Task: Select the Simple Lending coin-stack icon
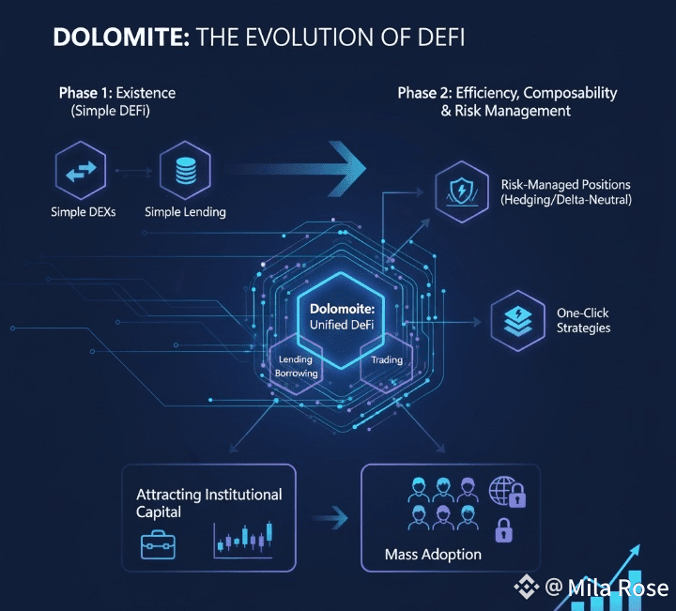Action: [184, 171]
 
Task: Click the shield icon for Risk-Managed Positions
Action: [462, 191]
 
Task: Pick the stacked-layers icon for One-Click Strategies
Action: [518, 320]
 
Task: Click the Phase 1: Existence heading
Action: [116, 93]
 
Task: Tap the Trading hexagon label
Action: [387, 360]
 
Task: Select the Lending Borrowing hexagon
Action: [296, 366]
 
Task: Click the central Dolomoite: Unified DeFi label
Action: [342, 315]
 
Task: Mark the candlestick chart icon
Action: [243, 538]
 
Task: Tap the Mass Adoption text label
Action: [433, 554]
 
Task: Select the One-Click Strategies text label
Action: [583, 320]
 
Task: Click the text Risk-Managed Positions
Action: [565, 185]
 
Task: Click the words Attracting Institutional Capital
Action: [208, 503]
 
